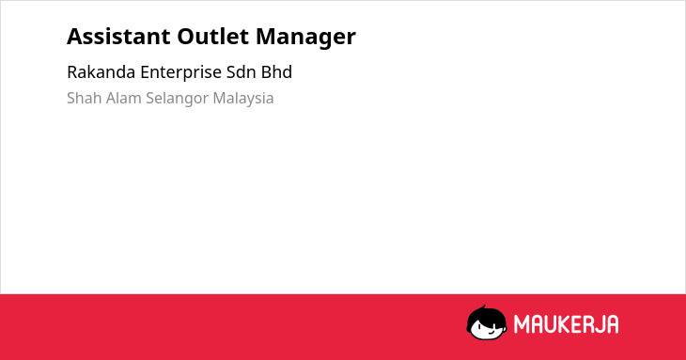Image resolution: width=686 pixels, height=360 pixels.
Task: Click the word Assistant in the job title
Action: click(x=118, y=37)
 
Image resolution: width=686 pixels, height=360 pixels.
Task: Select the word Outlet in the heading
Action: click(x=213, y=37)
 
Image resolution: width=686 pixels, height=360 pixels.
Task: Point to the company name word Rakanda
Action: click(x=101, y=72)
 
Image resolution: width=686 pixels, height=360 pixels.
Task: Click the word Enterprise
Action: click(x=180, y=73)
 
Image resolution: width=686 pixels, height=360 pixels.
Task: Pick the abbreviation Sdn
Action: click(x=242, y=72)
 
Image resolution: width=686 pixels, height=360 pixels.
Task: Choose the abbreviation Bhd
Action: click(x=276, y=72)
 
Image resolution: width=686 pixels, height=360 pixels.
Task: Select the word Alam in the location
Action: click(x=124, y=98)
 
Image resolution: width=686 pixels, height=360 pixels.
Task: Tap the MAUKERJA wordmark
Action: click(x=566, y=324)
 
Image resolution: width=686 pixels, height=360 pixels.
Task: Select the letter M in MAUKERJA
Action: click(x=522, y=324)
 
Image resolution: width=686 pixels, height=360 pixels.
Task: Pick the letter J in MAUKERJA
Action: click(x=597, y=324)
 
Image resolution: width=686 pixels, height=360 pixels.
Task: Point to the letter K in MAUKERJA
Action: click(x=563, y=324)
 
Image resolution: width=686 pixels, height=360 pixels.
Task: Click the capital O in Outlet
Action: click(x=186, y=37)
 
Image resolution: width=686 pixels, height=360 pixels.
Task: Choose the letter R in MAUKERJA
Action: click(x=585, y=324)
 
